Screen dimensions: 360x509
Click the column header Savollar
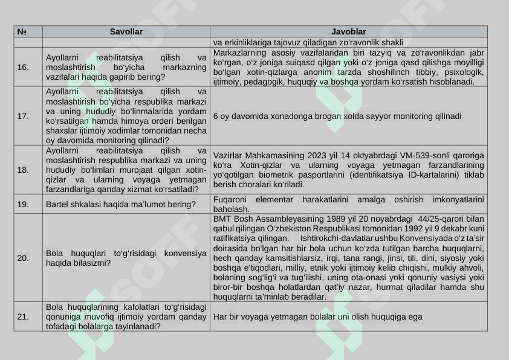(126, 31)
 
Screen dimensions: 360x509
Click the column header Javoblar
(348, 31)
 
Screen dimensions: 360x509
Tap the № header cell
(21, 31)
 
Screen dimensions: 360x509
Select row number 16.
(23, 67)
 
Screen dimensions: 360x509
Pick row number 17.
(23, 116)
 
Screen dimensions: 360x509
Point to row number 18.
(23, 170)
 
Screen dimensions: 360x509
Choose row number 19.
(23, 204)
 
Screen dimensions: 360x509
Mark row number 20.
(23, 258)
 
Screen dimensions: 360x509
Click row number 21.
(23, 317)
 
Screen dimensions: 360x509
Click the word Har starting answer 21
(219, 317)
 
